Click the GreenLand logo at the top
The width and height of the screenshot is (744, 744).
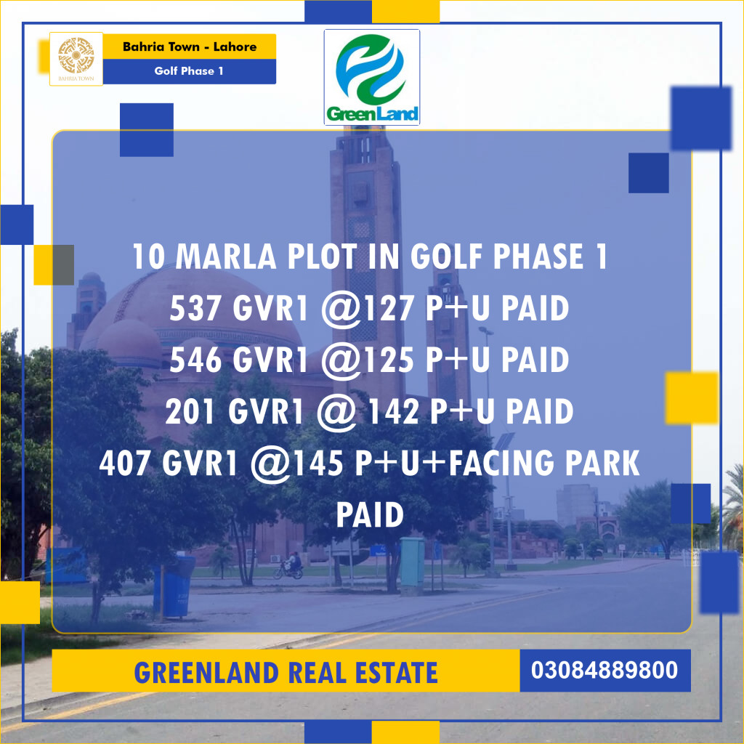(x=371, y=77)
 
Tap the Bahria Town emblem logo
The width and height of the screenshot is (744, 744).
(x=76, y=59)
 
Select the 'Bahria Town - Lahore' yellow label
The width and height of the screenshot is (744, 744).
(x=189, y=46)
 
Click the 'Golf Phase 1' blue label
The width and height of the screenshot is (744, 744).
(x=189, y=71)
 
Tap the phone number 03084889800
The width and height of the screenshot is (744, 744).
(x=604, y=670)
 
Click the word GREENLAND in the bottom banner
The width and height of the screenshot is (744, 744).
(x=206, y=673)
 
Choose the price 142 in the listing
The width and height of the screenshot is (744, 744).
(x=393, y=412)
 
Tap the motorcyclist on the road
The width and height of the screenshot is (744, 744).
(x=290, y=565)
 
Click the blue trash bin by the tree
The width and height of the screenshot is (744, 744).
(x=175, y=584)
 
